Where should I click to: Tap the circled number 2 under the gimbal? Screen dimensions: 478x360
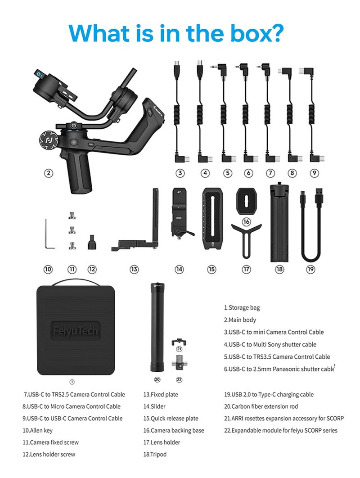coord(49,172)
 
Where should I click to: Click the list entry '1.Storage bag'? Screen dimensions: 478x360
coord(242,308)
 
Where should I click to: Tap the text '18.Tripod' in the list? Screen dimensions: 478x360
coord(155,454)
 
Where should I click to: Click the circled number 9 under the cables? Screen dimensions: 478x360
coord(314,172)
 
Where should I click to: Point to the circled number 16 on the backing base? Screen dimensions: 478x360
coord(246,221)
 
